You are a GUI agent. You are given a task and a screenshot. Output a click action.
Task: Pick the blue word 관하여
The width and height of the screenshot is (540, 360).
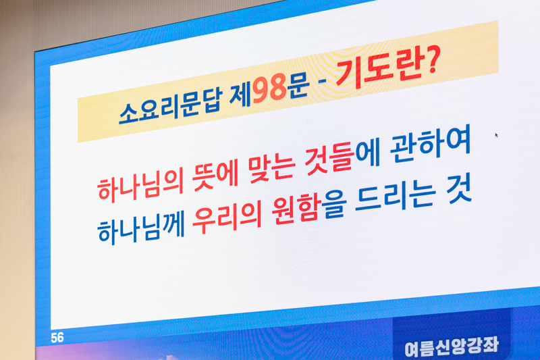431,145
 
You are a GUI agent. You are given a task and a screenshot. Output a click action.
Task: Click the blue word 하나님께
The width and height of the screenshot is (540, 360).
142,229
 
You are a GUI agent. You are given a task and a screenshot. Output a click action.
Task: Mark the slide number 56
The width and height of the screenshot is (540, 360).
57,338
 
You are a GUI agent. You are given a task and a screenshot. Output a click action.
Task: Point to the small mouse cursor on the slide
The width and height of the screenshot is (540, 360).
496,135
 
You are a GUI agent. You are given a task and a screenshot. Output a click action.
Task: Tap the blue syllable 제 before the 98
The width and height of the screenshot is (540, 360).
240,95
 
